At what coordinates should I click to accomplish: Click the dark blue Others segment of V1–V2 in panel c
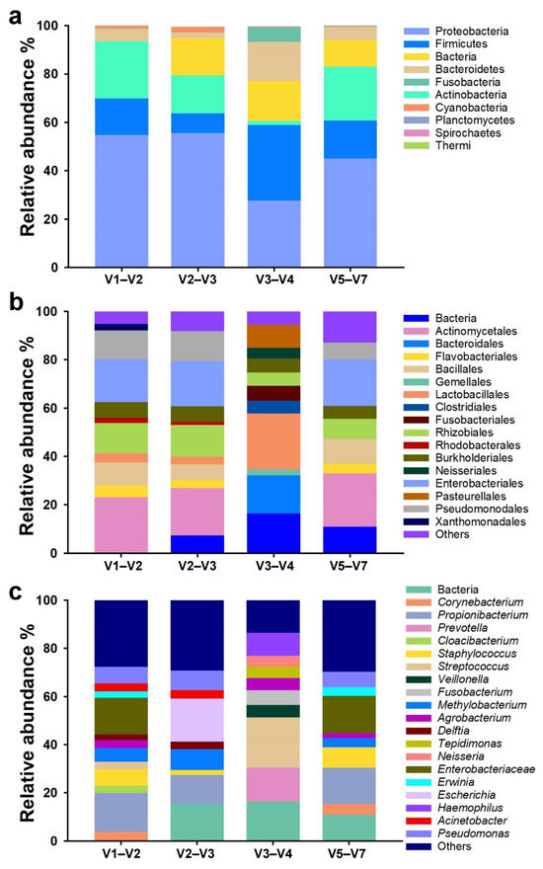(120, 633)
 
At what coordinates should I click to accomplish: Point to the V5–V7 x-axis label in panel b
(349, 568)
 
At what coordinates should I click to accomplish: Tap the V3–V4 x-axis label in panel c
(272, 855)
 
